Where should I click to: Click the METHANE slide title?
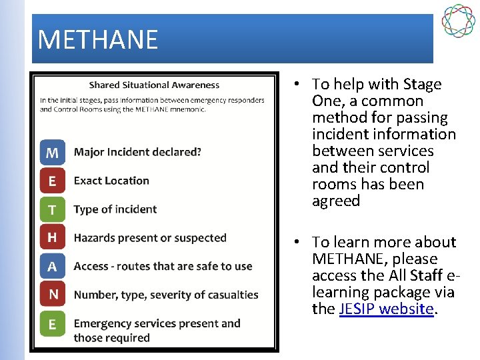click(98, 40)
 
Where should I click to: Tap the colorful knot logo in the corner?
click(458, 21)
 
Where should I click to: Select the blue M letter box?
click(52, 153)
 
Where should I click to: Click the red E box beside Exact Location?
click(52, 181)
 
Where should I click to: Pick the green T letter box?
click(52, 210)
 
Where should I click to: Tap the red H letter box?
click(52, 238)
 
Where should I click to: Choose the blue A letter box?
click(52, 267)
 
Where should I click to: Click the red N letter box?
click(52, 295)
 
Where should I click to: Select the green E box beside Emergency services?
click(52, 324)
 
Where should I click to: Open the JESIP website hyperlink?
click(386, 309)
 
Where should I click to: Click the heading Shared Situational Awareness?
click(154, 85)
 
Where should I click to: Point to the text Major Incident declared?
click(137, 152)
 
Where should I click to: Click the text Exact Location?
click(111, 181)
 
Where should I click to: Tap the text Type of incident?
click(115, 209)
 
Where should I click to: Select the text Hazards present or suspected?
click(150, 238)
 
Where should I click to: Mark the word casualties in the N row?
click(231, 295)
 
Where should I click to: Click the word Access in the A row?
click(91, 266)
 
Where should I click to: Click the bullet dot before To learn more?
click(297, 242)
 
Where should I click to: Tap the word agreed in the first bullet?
click(336, 201)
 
